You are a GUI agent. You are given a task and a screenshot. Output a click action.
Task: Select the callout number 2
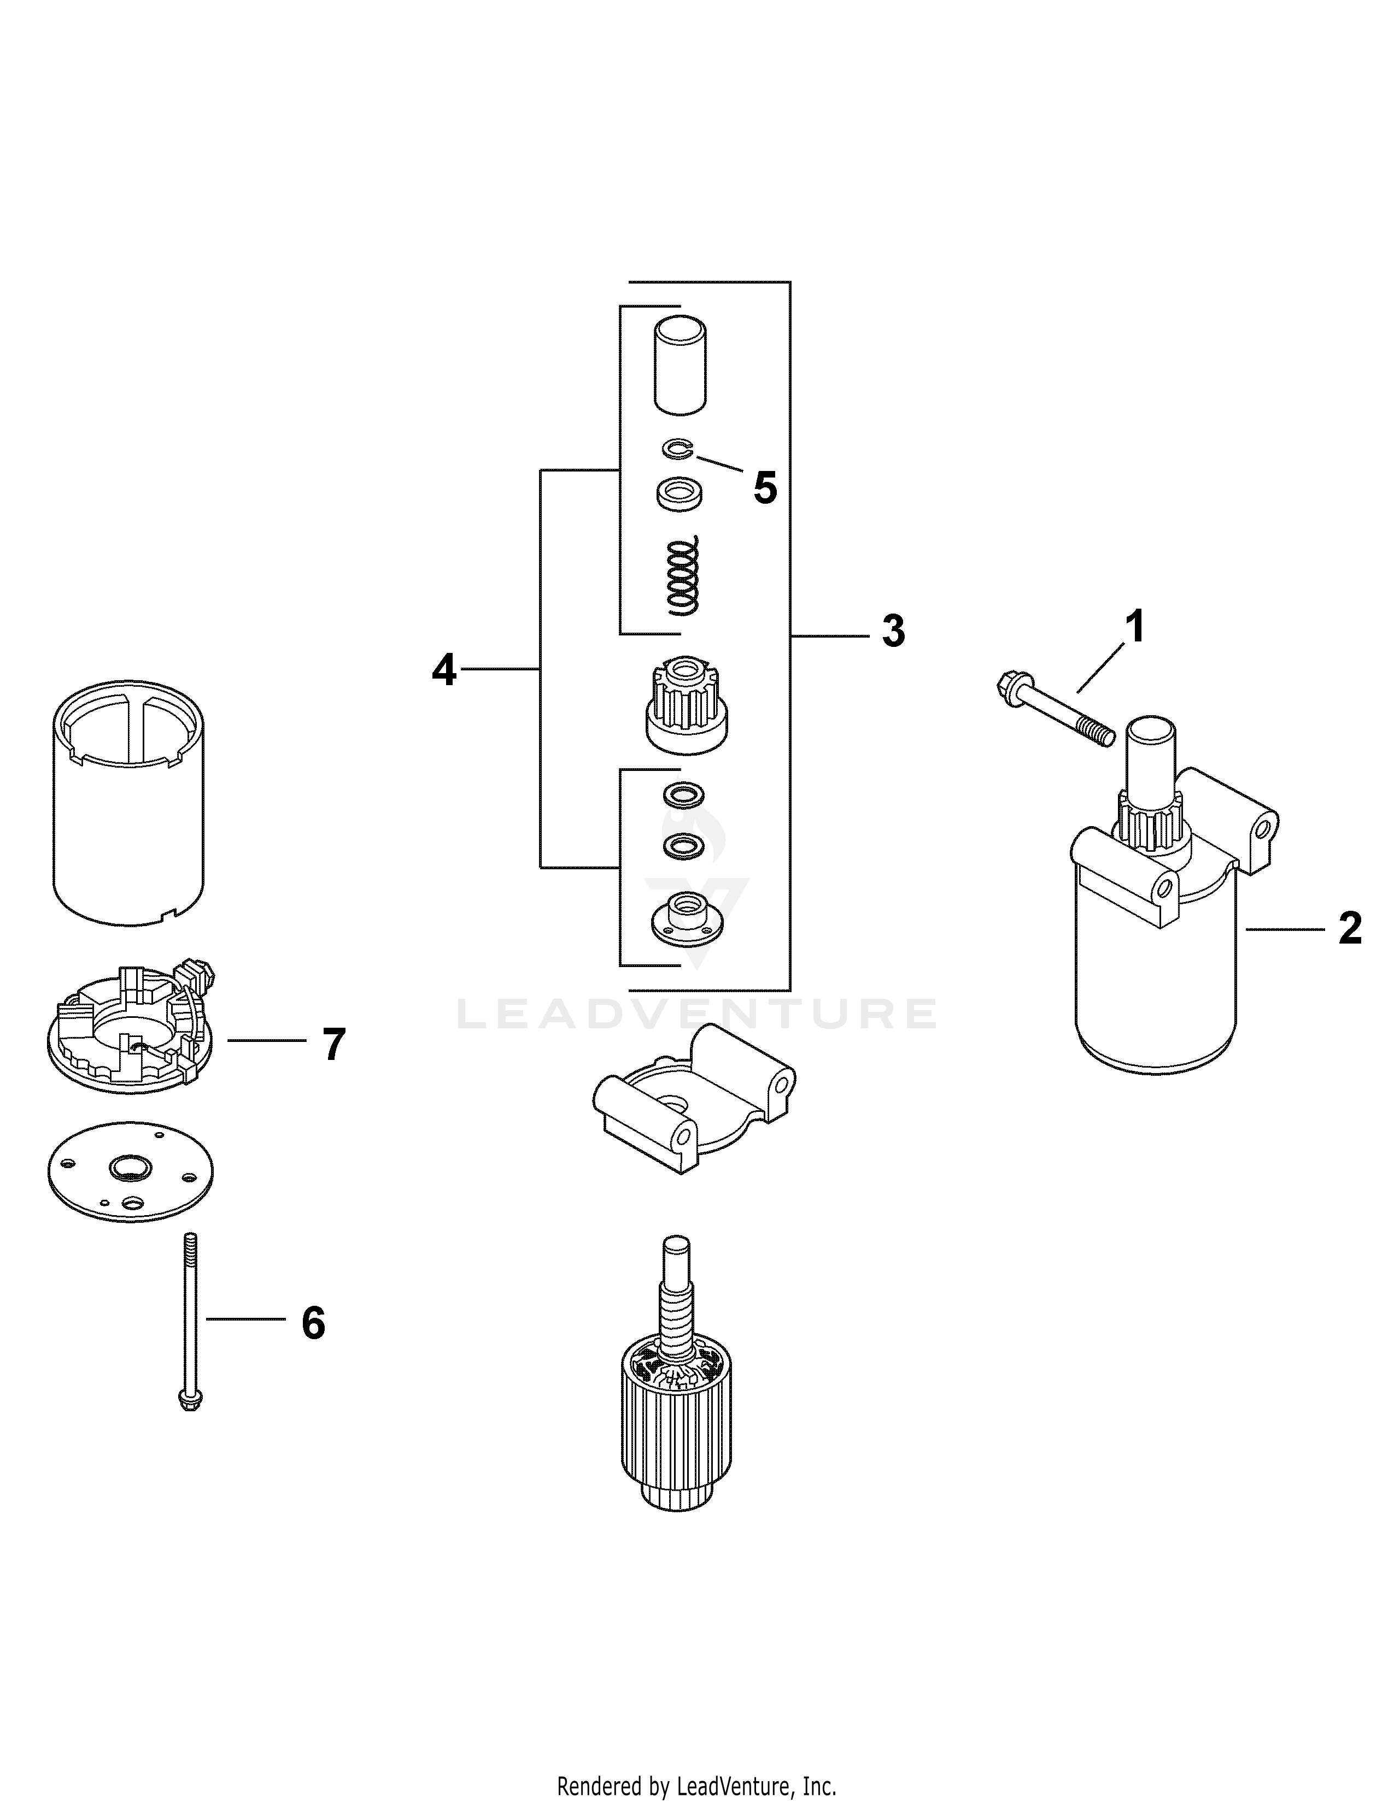coord(1349,929)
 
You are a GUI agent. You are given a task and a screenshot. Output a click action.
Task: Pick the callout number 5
coord(765,489)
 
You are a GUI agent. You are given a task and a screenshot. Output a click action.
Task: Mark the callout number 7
coord(333,1045)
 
